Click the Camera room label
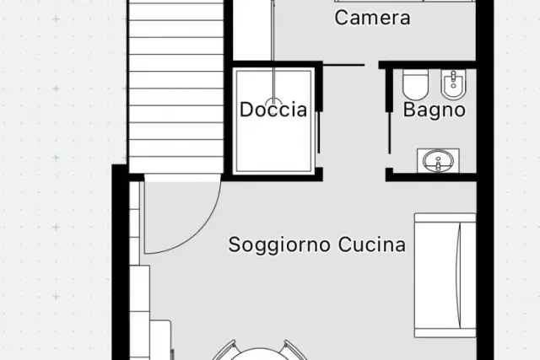[372, 18]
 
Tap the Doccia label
[273, 110]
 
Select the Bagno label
[435, 110]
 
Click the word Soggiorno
[279, 245]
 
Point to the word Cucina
[371, 244]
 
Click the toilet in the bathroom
[415, 84]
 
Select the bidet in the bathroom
[453, 84]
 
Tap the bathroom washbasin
[438, 160]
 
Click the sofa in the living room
[445, 275]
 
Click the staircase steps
[176, 86]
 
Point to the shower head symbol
[273, 100]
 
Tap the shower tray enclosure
[273, 121]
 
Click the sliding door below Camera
[343, 65]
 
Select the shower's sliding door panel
[318, 132]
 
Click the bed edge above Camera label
[404, 1]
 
